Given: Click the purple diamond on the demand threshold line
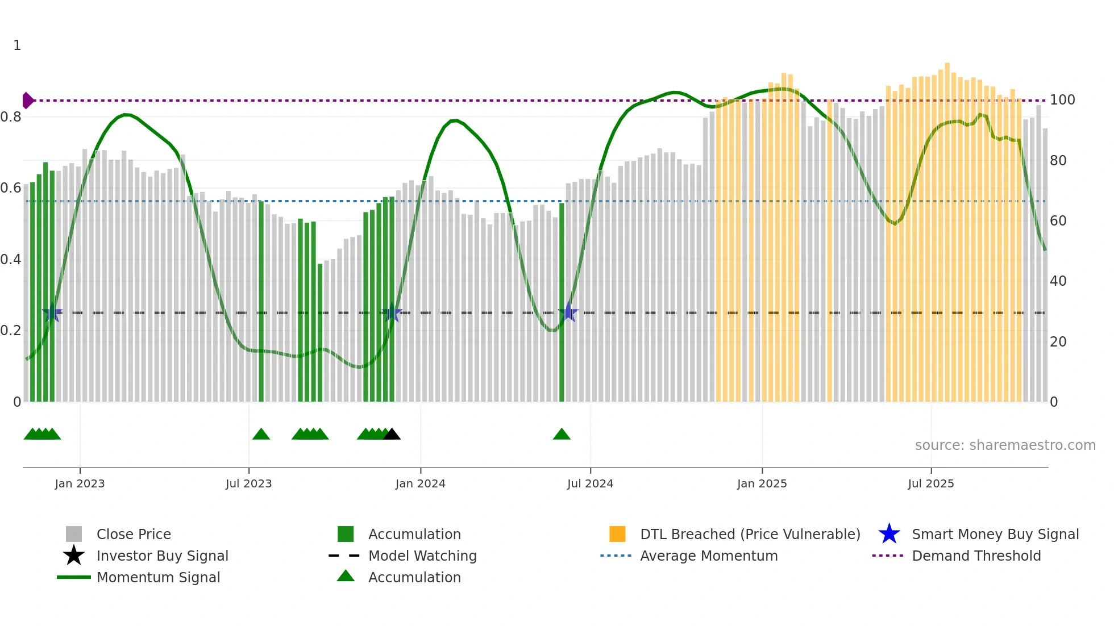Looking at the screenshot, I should pos(27,101).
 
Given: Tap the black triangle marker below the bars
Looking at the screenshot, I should pos(392,435).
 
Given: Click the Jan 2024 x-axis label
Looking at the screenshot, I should pos(420,483).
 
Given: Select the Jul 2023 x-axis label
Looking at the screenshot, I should pos(248,483).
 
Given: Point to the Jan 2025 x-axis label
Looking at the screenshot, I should pos(762,483).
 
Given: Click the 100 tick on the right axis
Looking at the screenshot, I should pos(1062,100).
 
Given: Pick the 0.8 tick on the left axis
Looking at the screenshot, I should pos(11,117).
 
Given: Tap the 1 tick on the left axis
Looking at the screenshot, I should pos(17,45).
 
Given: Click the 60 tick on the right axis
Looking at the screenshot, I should pos(1058,221).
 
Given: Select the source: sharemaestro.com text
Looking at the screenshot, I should pos(1005,445).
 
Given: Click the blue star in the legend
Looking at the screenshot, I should pos(889,534).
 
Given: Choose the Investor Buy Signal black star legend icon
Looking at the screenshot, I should pos(74,556).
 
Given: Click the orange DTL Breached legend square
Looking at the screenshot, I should pos(617,534).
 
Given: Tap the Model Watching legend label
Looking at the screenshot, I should pos(422,556).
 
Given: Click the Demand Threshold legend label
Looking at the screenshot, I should pos(976,556).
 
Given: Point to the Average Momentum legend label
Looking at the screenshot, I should pos(709,556).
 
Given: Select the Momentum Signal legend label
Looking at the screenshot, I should pos(158,577).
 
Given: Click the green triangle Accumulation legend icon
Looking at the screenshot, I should pos(346,576).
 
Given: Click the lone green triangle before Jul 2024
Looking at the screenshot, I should pos(562,435).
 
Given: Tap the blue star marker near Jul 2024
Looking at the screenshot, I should pos(568,312).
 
